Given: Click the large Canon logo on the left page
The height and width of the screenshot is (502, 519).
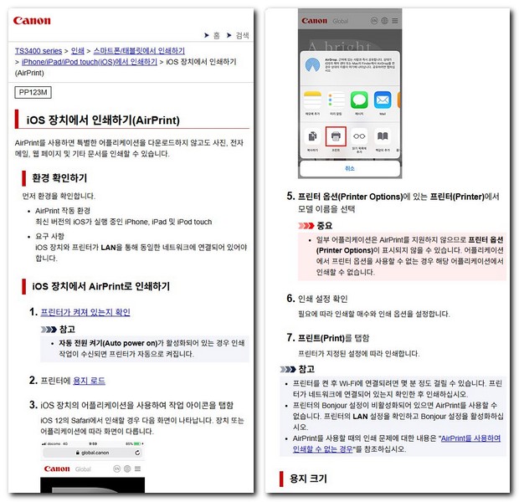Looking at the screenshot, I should point(33,20).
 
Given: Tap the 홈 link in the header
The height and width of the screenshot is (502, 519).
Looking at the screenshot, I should point(216,35).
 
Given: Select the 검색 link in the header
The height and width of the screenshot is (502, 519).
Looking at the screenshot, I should point(242,35).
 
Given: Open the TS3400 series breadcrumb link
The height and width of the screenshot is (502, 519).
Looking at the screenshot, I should point(39,50).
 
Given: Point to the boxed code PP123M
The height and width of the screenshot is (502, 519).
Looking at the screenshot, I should point(33,91).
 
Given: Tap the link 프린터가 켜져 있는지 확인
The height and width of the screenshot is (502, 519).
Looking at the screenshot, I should point(85,312).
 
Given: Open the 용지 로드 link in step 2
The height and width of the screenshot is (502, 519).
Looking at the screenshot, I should point(90,381).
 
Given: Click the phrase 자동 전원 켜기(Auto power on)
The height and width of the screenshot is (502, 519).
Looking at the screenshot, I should point(109,343).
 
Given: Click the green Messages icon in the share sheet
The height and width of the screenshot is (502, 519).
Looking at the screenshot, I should point(359,100).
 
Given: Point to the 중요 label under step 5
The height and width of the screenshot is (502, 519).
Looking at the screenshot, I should point(324,226).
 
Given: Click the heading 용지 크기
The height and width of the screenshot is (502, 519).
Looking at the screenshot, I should point(310,479).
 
